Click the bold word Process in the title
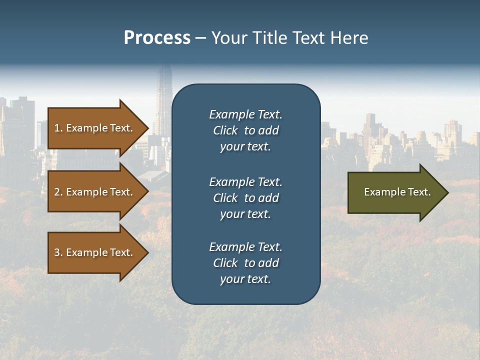[x=157, y=38]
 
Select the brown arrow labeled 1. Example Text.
[x=95, y=128]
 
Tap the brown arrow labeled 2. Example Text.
[x=95, y=192]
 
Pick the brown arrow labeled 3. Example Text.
[x=95, y=252]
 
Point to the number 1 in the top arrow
[x=57, y=128]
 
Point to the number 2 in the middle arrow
[x=57, y=192]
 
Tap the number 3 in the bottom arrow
[x=57, y=252]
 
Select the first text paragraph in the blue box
[x=245, y=130]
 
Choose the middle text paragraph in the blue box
[x=245, y=198]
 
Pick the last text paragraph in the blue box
[x=245, y=263]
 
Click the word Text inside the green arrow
[x=419, y=192]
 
